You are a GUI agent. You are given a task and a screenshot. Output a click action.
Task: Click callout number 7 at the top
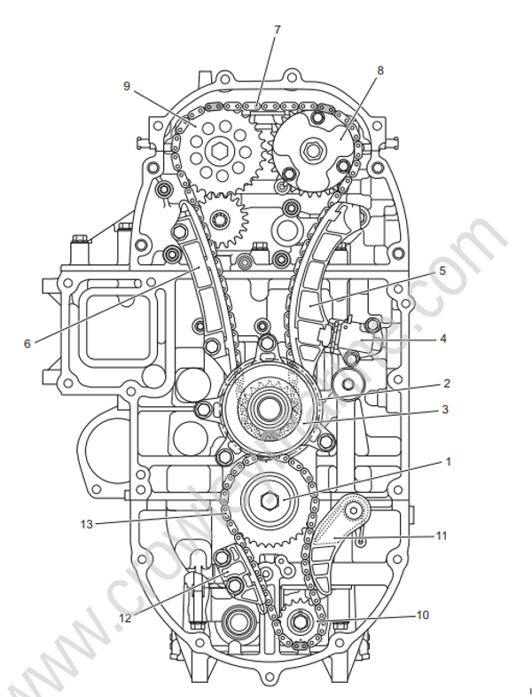click(x=277, y=29)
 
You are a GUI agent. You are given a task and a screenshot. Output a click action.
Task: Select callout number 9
click(x=127, y=86)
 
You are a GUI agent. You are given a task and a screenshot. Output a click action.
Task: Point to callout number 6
click(x=27, y=343)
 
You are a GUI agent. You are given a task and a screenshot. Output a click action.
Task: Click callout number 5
click(x=442, y=272)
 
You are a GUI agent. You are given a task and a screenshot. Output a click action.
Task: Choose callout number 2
click(x=447, y=384)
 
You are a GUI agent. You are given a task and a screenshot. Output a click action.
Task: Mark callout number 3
click(x=447, y=410)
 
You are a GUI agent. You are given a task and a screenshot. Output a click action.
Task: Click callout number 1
click(x=448, y=462)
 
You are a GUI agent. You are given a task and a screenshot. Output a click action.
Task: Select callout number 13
click(x=86, y=523)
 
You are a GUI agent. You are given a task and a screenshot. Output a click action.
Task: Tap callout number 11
click(x=441, y=536)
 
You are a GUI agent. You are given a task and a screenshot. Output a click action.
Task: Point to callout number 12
click(x=125, y=618)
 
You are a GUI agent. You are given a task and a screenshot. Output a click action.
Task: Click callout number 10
click(x=422, y=615)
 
